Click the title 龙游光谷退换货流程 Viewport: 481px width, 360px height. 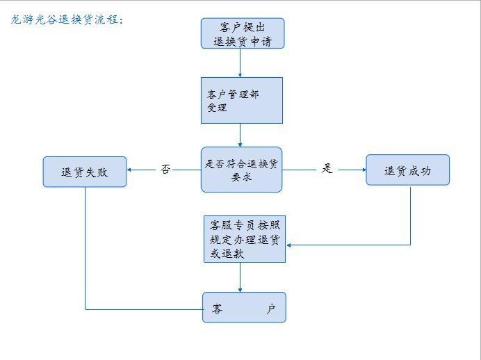[x=67, y=20]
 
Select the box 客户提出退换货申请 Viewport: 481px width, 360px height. [x=242, y=33]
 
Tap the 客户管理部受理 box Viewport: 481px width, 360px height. [x=241, y=100]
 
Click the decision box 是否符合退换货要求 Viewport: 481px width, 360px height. [x=241, y=170]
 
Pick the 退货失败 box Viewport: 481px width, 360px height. [x=85, y=172]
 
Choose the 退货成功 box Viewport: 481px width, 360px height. [x=407, y=170]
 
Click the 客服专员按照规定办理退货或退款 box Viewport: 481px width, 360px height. [x=244, y=239]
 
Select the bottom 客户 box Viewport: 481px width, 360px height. [x=244, y=307]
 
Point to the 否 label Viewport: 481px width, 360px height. [x=165, y=169]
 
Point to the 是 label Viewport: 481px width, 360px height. [x=327, y=169]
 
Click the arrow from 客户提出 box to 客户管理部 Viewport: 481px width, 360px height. [x=241, y=63]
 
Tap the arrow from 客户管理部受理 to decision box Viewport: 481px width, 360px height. [x=241, y=135]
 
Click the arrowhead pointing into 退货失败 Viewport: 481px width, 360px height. [x=131, y=170]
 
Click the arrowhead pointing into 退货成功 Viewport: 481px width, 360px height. [x=363, y=170]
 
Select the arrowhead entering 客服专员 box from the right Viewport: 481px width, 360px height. [x=290, y=245]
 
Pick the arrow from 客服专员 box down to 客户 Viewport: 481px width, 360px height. [x=241, y=277]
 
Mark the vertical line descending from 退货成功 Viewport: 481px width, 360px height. [x=410, y=215]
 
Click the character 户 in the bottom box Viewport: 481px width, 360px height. [x=270, y=308]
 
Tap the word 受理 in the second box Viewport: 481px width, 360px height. [x=217, y=108]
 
